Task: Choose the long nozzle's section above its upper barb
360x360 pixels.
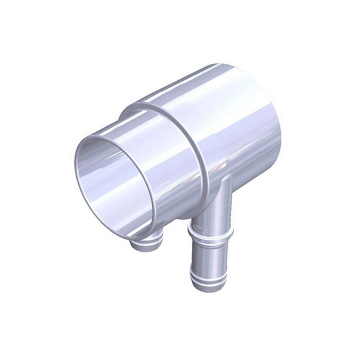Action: tap(209, 220)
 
